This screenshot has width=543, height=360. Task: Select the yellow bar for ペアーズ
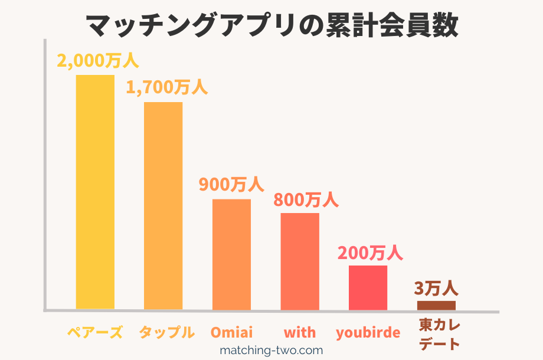95,192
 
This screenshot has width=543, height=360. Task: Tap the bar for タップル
163,205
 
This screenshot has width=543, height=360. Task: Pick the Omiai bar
231,254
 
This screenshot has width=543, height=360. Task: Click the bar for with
300,261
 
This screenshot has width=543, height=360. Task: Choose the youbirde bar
368,287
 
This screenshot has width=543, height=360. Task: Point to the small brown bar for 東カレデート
436,305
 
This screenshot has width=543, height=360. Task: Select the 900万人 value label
231,185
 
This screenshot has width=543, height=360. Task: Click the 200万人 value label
370,253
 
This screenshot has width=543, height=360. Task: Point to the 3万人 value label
436,289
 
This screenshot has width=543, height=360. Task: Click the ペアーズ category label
94,332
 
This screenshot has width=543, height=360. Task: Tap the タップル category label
166,332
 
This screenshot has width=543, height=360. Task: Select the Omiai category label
231,332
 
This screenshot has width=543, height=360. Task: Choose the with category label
300,332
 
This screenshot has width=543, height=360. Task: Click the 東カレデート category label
440,334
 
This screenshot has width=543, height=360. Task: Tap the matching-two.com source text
271,350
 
